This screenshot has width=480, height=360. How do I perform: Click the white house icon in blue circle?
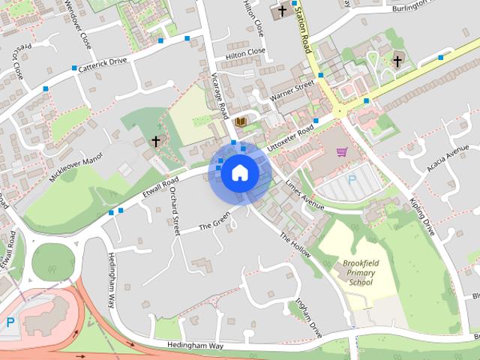click(x=239, y=172)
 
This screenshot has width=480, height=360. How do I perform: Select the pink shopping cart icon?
click(x=342, y=152)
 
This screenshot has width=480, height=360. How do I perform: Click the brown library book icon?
click(x=241, y=121)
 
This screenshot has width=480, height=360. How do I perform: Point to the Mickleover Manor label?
click(x=75, y=169)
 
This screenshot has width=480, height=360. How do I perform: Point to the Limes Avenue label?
click(x=304, y=194)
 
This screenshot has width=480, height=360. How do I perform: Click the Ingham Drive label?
click(x=307, y=318)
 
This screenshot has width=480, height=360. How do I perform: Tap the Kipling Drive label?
click(x=422, y=217)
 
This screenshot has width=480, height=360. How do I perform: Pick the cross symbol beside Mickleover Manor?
click(x=156, y=140)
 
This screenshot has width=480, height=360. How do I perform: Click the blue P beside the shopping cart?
click(x=352, y=179)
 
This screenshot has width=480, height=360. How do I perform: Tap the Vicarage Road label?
click(x=219, y=96)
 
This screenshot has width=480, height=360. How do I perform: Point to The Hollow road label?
click(x=294, y=245)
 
